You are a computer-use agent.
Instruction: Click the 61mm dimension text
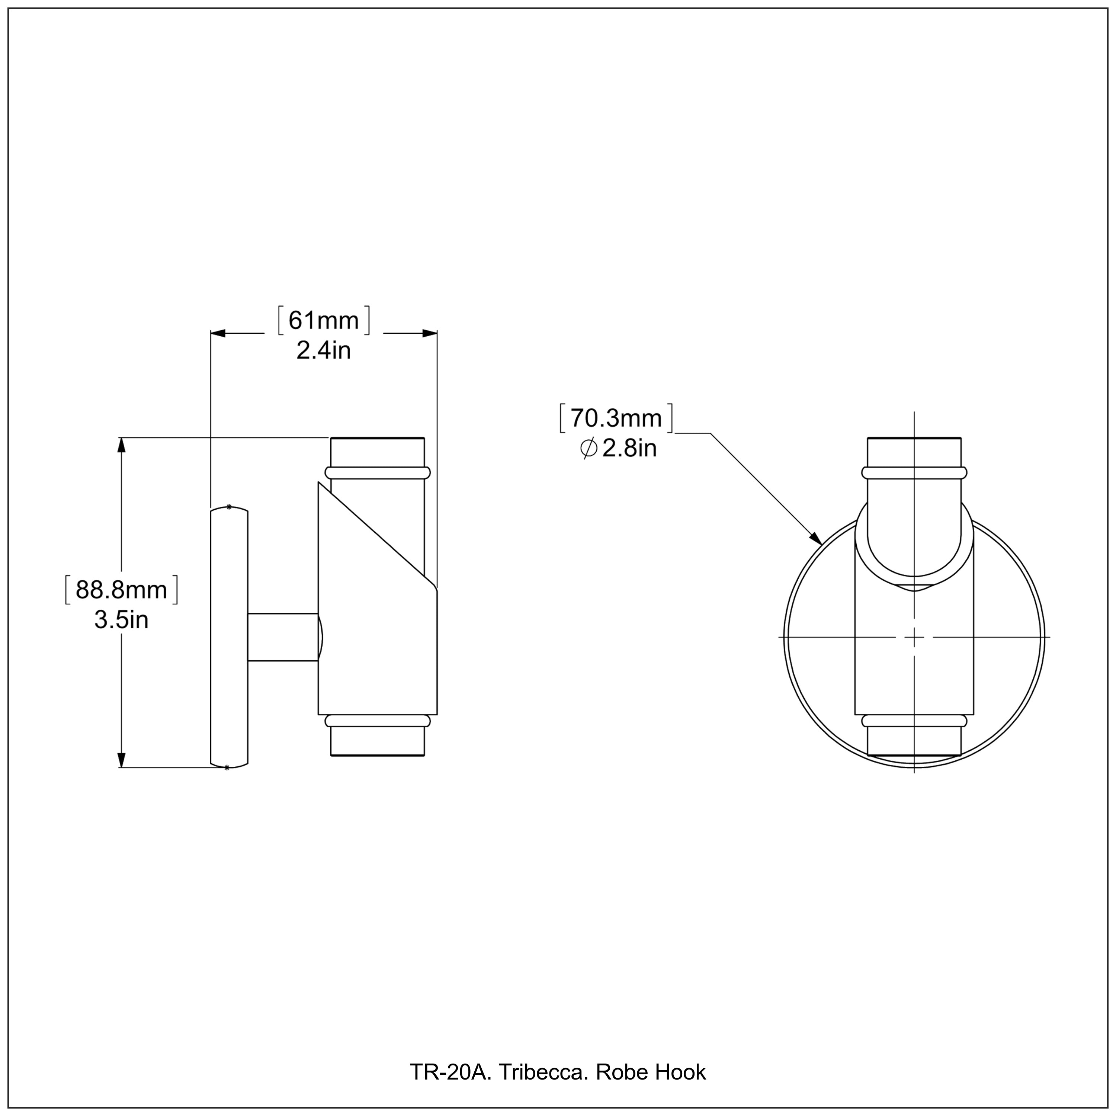(324, 321)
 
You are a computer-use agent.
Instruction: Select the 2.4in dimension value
(324, 351)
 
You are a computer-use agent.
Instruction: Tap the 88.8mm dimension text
(121, 590)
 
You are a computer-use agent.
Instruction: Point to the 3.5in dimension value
(121, 620)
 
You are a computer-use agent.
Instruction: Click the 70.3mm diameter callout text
(616, 418)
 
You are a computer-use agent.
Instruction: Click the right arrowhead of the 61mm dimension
(429, 333)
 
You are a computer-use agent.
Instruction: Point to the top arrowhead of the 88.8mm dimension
(121, 446)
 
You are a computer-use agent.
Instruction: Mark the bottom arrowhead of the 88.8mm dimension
(121, 759)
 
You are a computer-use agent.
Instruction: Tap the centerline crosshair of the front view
(914, 637)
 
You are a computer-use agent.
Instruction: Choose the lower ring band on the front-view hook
(914, 721)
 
